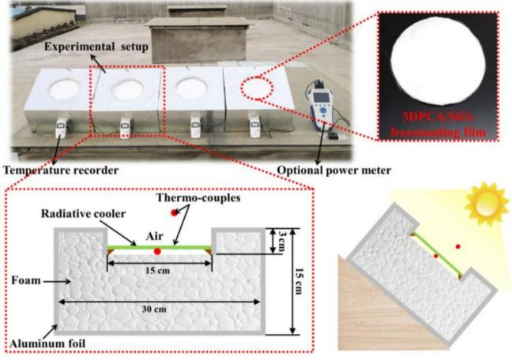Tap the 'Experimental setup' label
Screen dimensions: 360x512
click(x=75, y=47)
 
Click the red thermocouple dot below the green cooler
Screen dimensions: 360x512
click(x=158, y=251)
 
